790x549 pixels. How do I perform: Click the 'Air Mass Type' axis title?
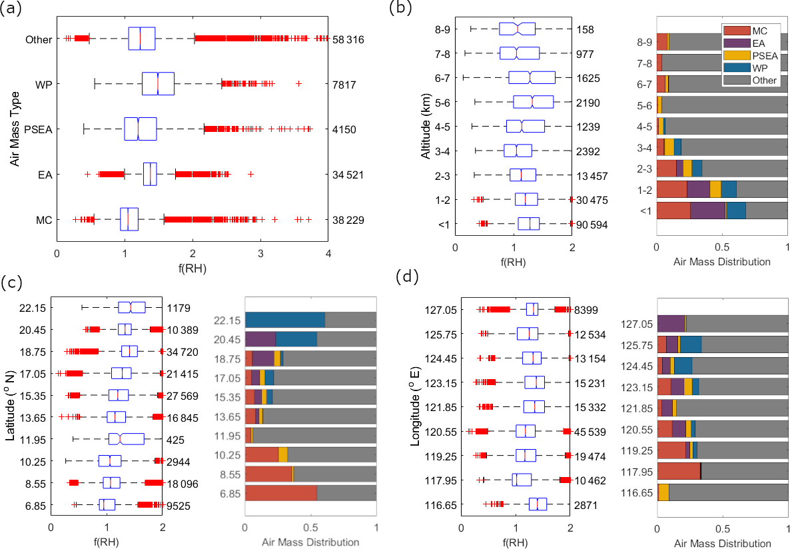pos(14,129)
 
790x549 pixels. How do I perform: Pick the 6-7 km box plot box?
pos(531,78)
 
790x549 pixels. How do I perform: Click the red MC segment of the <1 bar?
pos(673,211)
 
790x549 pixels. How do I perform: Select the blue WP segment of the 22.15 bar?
pos(285,320)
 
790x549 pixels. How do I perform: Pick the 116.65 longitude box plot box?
pos(537,504)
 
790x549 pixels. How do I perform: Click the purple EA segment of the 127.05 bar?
pos(671,324)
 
